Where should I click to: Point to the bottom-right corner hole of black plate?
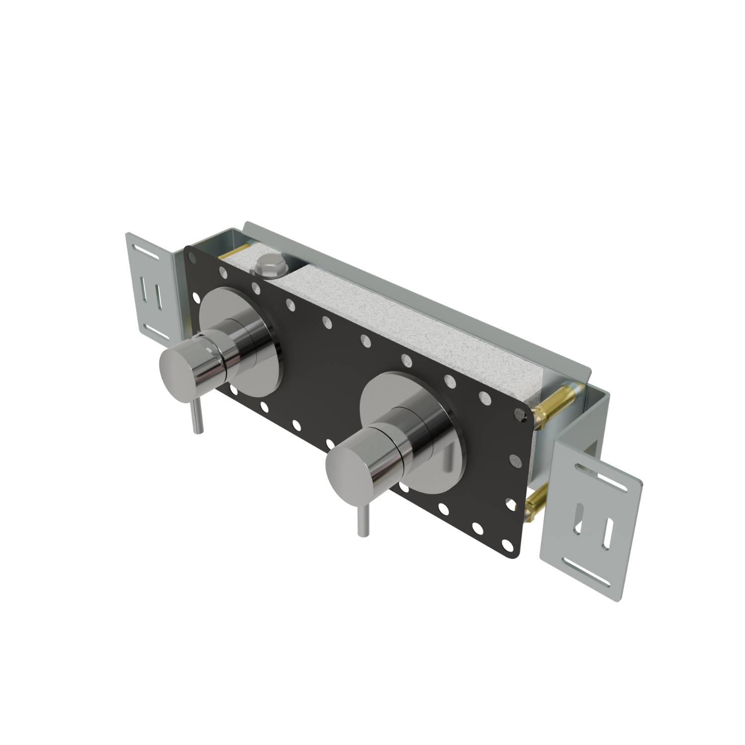(x=508, y=545)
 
